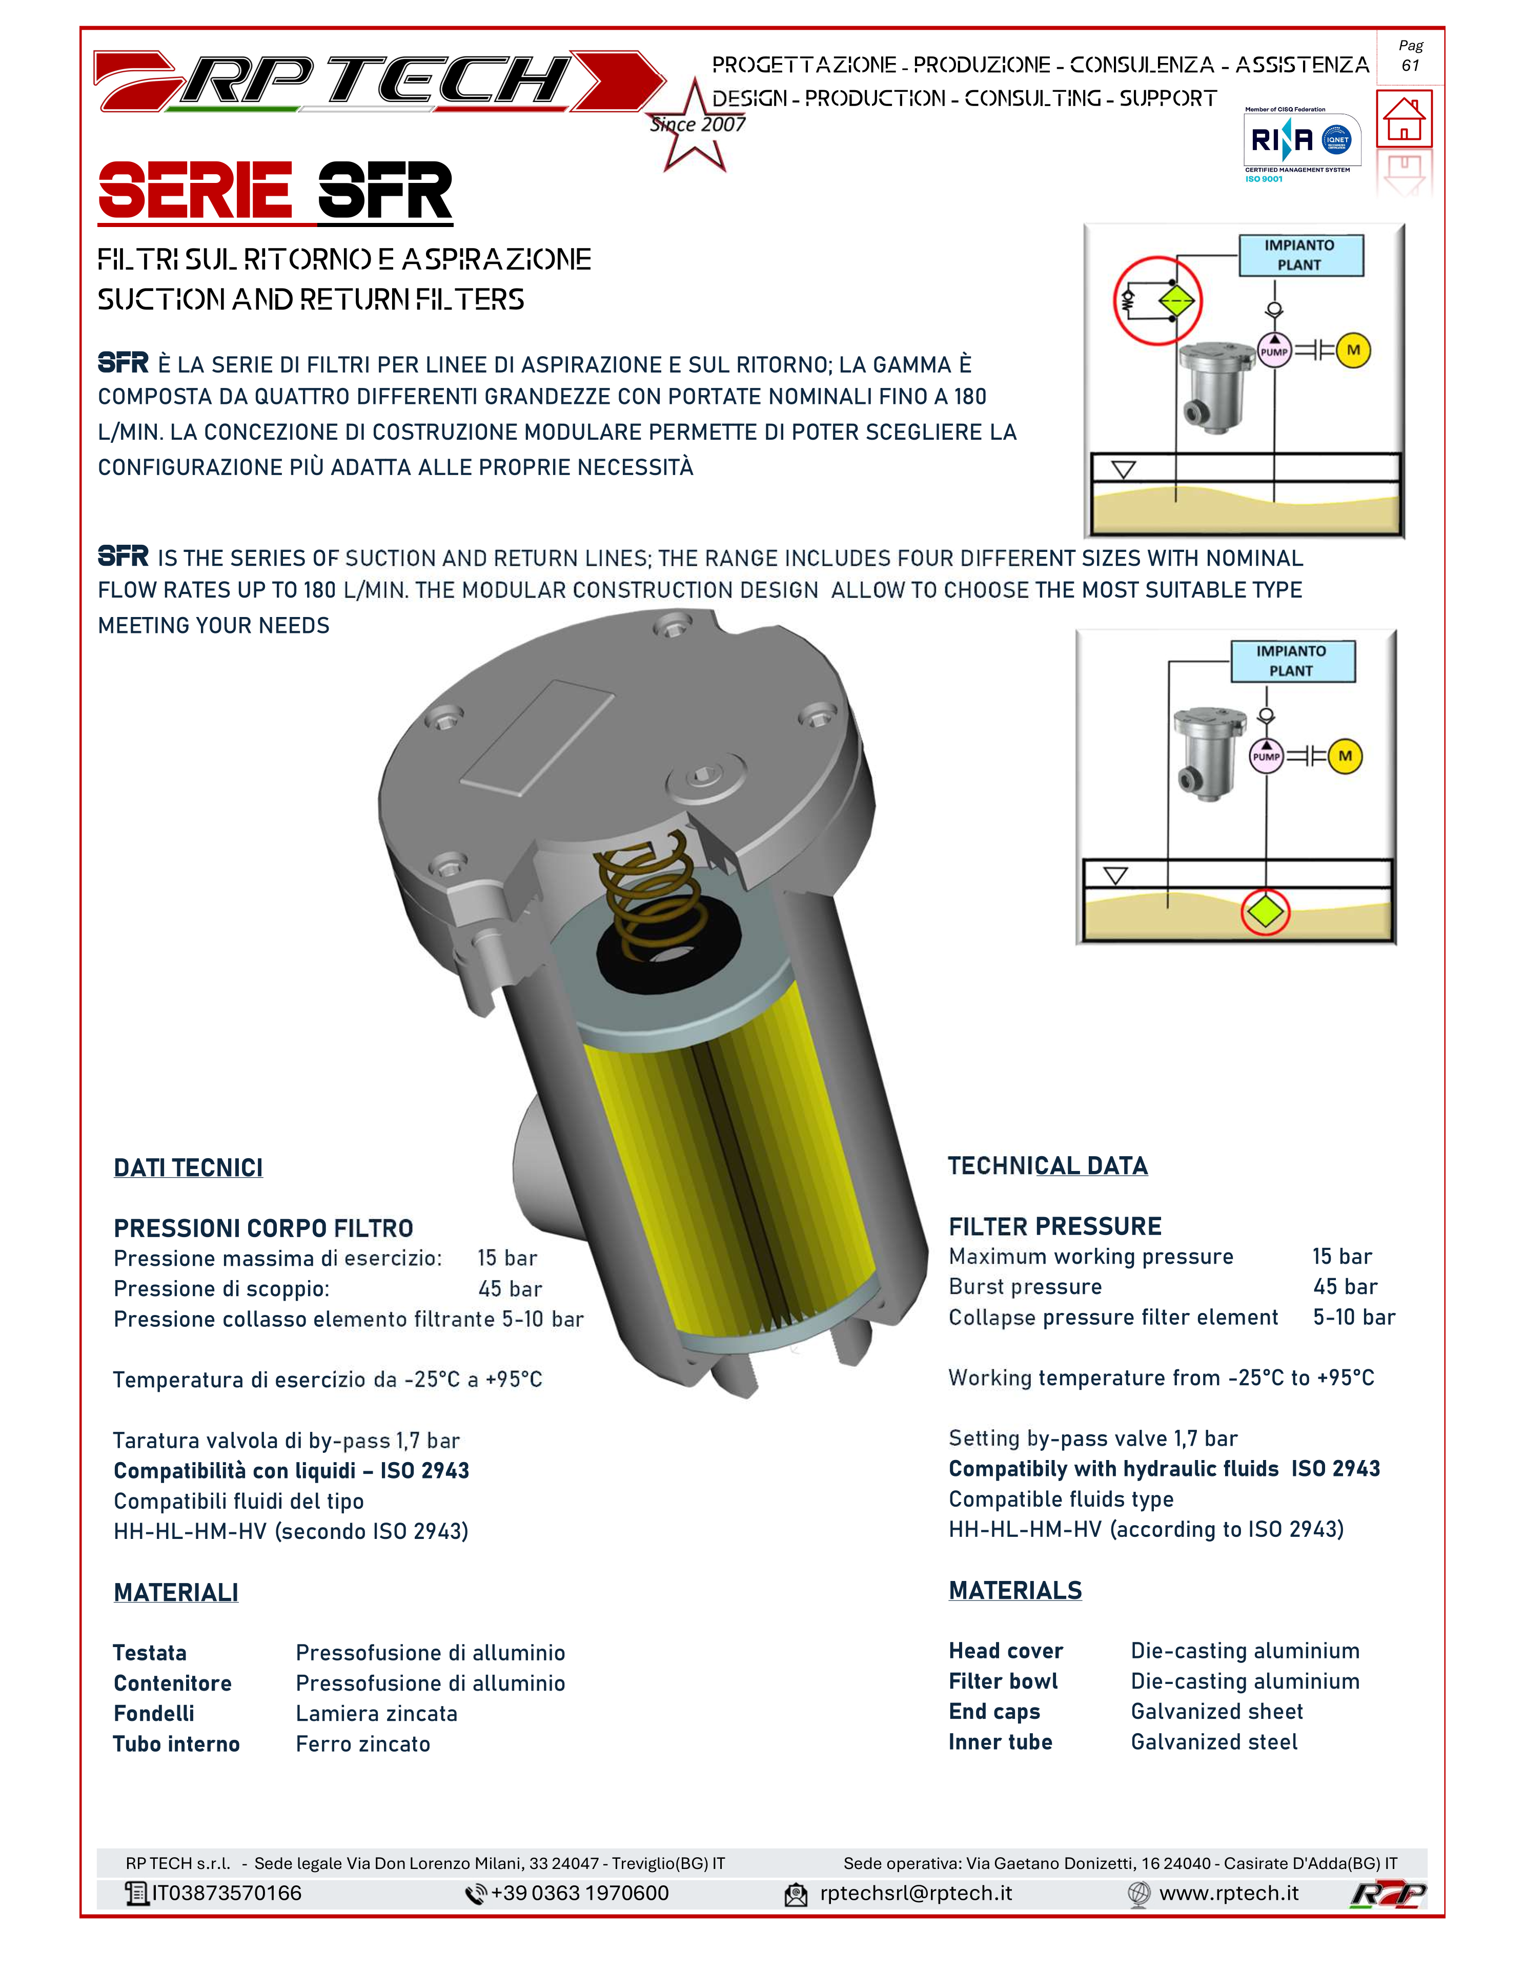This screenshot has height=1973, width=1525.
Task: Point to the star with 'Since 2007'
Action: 696,125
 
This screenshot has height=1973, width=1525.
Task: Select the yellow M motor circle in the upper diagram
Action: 1352,351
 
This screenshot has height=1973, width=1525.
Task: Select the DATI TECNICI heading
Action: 188,1168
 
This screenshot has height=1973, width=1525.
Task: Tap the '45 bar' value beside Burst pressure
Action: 1345,1286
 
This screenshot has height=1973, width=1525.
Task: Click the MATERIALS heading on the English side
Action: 1015,1590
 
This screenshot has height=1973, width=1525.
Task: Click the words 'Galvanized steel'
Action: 1214,1742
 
